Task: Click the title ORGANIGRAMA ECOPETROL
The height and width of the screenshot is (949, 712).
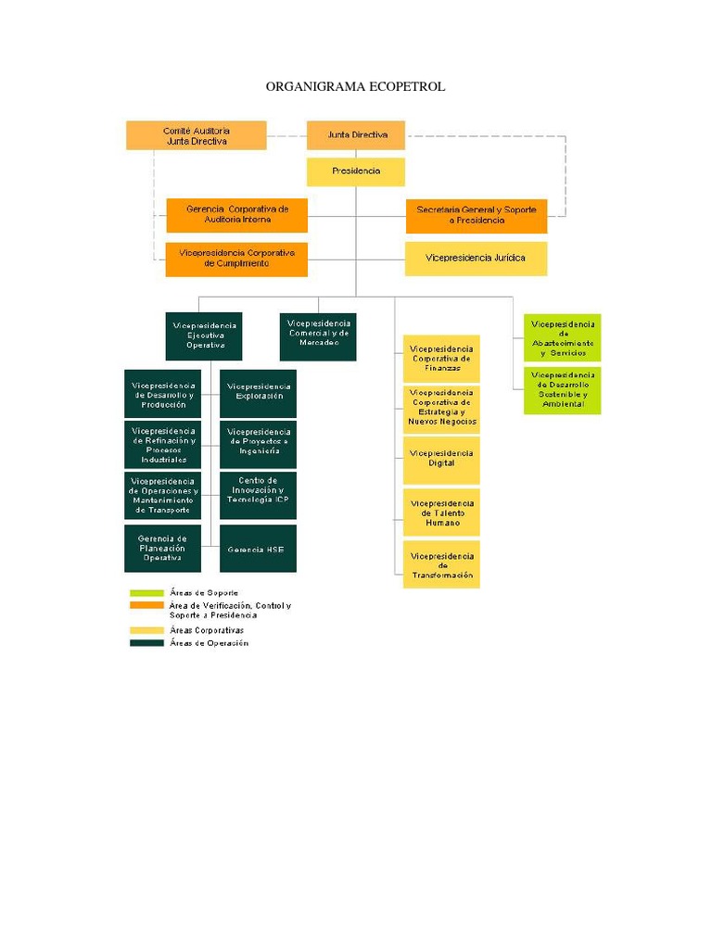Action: pyautogui.click(x=355, y=86)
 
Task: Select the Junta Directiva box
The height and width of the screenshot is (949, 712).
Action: pyautogui.click(x=356, y=135)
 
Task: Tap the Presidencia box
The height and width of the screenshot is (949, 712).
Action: pyautogui.click(x=356, y=171)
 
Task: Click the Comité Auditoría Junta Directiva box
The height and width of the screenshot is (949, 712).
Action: pyautogui.click(x=197, y=135)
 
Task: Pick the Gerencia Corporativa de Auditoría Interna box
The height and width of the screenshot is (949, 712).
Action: pyautogui.click(x=236, y=215)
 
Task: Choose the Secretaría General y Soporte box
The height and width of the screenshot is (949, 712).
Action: pyautogui.click(x=476, y=215)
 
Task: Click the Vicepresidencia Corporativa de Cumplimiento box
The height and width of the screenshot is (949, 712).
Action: pyautogui.click(x=236, y=259)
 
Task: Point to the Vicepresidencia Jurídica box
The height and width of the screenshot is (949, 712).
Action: pyautogui.click(x=476, y=259)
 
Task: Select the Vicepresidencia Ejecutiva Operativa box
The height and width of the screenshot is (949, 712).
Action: pyautogui.click(x=204, y=335)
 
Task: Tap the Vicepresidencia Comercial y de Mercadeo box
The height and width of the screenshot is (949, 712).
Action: pyautogui.click(x=318, y=335)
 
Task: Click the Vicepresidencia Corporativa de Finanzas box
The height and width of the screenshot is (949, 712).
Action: pyautogui.click(x=441, y=359)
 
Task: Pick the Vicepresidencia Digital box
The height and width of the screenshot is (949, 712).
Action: pyautogui.click(x=441, y=459)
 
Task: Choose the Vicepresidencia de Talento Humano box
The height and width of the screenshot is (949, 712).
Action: pyautogui.click(x=441, y=512)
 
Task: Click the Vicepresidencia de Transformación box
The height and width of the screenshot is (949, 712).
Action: pyautogui.click(x=441, y=564)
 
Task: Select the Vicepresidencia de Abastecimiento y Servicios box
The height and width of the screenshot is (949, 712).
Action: pyautogui.click(x=562, y=337)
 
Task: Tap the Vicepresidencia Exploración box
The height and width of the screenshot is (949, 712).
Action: pyautogui.click(x=259, y=393)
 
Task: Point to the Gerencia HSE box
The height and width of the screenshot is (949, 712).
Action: pyautogui.click(x=259, y=550)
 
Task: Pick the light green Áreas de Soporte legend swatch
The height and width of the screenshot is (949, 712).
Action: pyautogui.click(x=146, y=593)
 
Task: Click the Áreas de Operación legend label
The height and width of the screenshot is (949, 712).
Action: pyautogui.click(x=209, y=643)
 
